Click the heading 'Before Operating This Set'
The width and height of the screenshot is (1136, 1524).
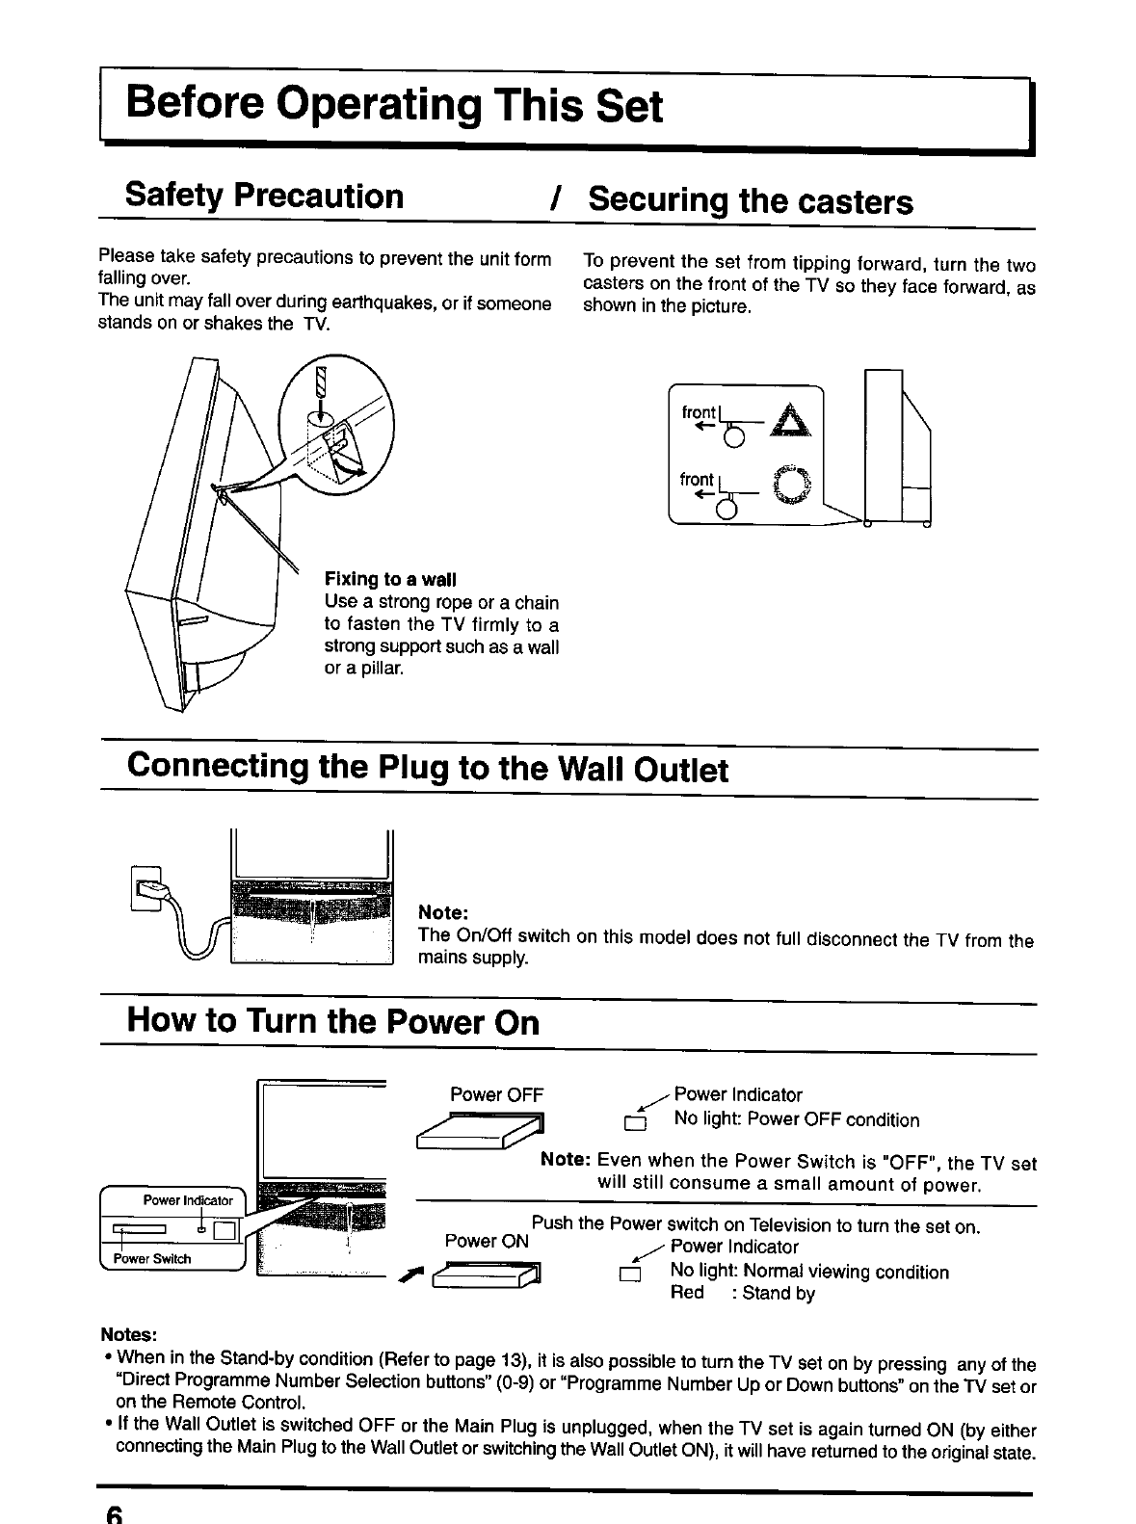pos(395,105)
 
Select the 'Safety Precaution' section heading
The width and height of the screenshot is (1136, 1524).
pos(265,196)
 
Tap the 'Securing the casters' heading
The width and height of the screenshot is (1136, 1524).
pos(750,200)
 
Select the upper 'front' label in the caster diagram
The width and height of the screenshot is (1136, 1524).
pos(699,412)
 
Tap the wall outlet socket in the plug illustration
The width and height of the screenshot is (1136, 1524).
pos(146,884)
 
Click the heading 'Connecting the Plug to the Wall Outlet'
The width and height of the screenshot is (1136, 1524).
pos(428,769)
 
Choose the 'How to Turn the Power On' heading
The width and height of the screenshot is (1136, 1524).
pos(333,1021)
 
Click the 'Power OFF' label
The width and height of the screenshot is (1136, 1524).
pos(497,1094)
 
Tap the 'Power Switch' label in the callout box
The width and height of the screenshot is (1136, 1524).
pos(152,1259)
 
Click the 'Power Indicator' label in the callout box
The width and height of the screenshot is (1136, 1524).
pos(188,1200)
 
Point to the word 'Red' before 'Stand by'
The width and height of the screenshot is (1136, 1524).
pos(687,1293)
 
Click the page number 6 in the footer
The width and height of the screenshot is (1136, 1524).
pos(118,1514)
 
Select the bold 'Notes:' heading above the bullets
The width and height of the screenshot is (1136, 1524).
pos(129,1335)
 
